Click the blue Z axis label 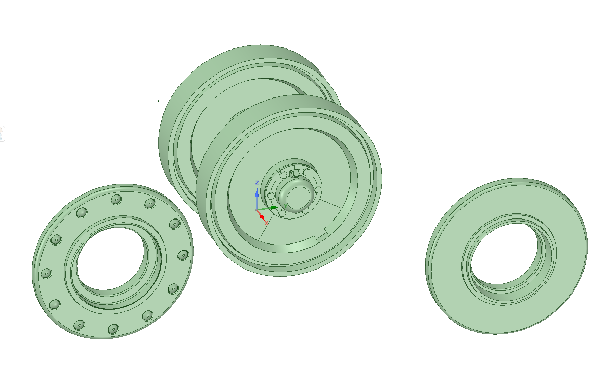tap(258, 183)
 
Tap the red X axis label tap(266, 223)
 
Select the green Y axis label tap(286, 206)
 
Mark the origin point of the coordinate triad tap(257, 210)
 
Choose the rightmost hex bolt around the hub tap(318, 189)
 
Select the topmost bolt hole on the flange tap(116, 199)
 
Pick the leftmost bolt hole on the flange tap(45, 274)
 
